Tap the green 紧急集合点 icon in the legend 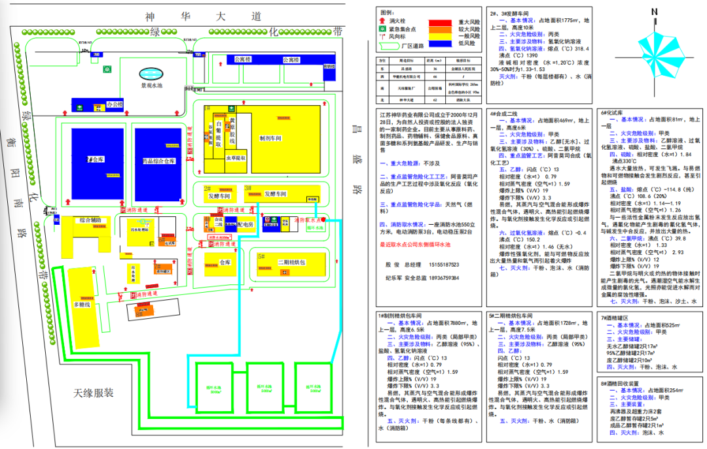click(383, 30)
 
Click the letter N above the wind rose click(654, 11)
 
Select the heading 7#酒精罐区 click(619, 318)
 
